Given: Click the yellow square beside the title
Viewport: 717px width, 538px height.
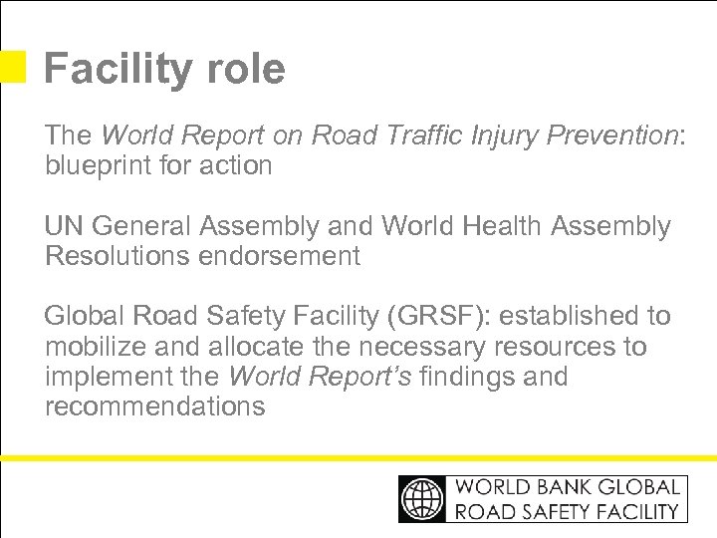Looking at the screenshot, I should [x=13, y=67].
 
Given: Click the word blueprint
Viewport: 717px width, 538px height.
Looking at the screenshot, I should [x=95, y=165].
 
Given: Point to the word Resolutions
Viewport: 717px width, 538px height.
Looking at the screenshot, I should [x=118, y=256].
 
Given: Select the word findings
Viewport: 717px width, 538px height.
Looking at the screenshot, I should [x=469, y=377].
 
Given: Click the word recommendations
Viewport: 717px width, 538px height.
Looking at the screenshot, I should [x=155, y=406].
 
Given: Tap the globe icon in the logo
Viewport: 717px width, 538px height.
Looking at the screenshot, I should [x=423, y=498].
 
